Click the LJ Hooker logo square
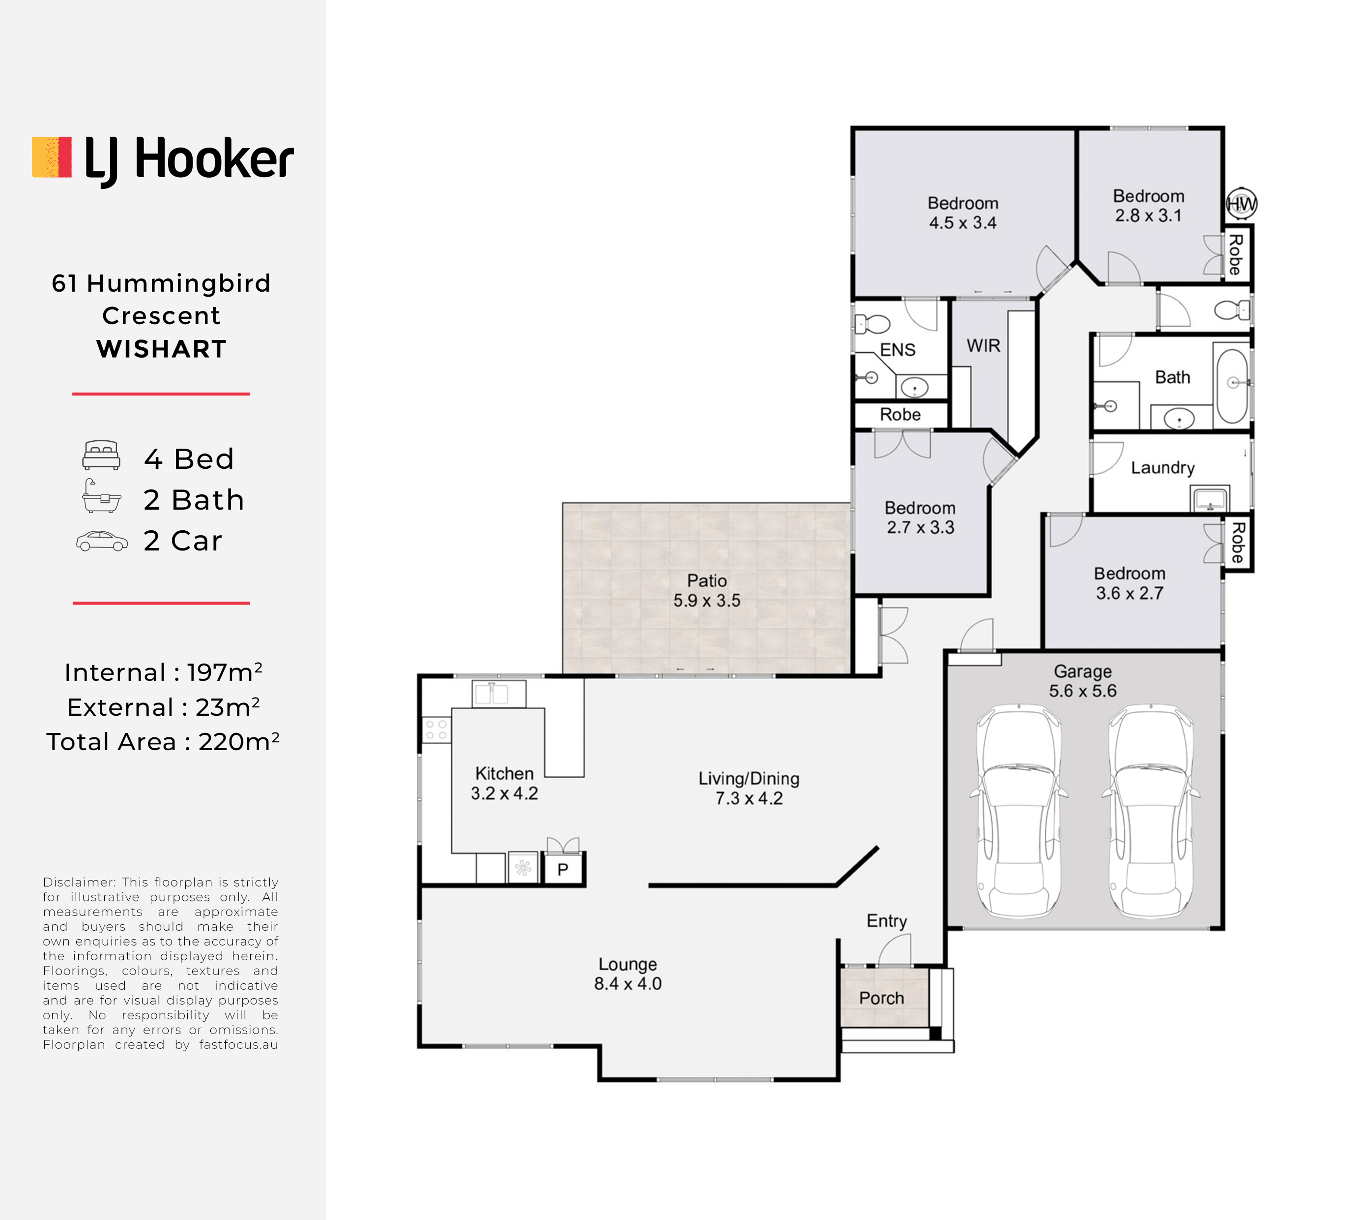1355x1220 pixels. pos(51,158)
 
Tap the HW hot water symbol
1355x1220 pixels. pos(1241,204)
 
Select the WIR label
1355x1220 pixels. pos(983,346)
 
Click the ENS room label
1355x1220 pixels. pos(897,350)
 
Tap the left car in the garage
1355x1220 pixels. pos(1019,811)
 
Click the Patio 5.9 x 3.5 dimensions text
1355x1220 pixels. pos(707,601)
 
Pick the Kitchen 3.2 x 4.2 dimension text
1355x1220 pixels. pos(505,794)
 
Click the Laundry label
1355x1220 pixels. pos(1163,468)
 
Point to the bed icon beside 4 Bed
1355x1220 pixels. pos(101,455)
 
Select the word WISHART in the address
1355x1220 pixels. pos(162,349)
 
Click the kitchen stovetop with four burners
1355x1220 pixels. pos(436,730)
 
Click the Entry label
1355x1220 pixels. pos(887,921)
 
